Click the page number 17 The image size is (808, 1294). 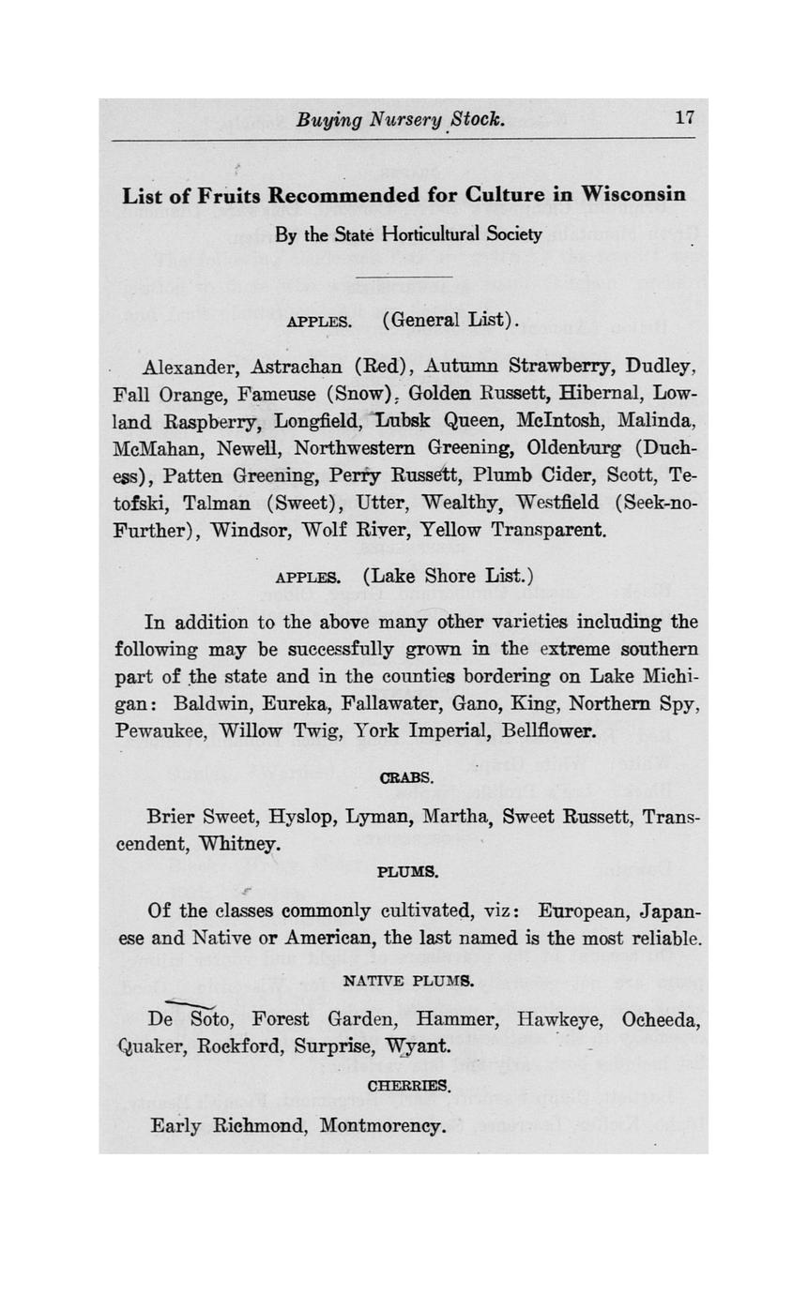683,118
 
